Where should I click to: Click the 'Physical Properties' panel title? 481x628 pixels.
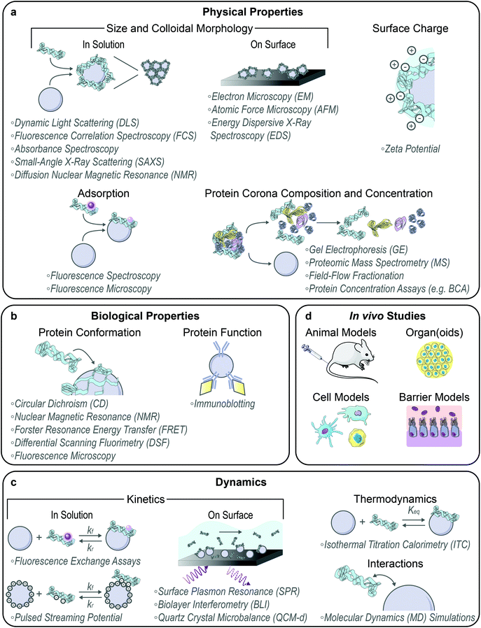240,12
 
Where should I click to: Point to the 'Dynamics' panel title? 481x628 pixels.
240,483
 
